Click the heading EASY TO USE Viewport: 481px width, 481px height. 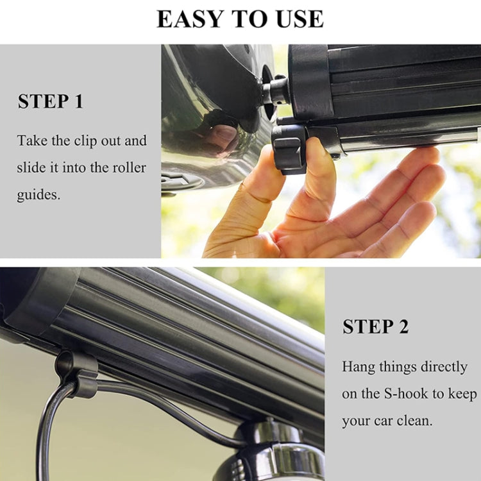[x=240, y=19]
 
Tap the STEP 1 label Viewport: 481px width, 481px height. [x=51, y=101]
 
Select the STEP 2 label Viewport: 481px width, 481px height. [x=375, y=326]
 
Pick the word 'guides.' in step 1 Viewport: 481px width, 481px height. [x=38, y=195]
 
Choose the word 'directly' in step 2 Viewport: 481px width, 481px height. [x=444, y=367]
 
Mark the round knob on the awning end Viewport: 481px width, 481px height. [x=275, y=92]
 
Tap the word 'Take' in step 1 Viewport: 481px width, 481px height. [x=32, y=140]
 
